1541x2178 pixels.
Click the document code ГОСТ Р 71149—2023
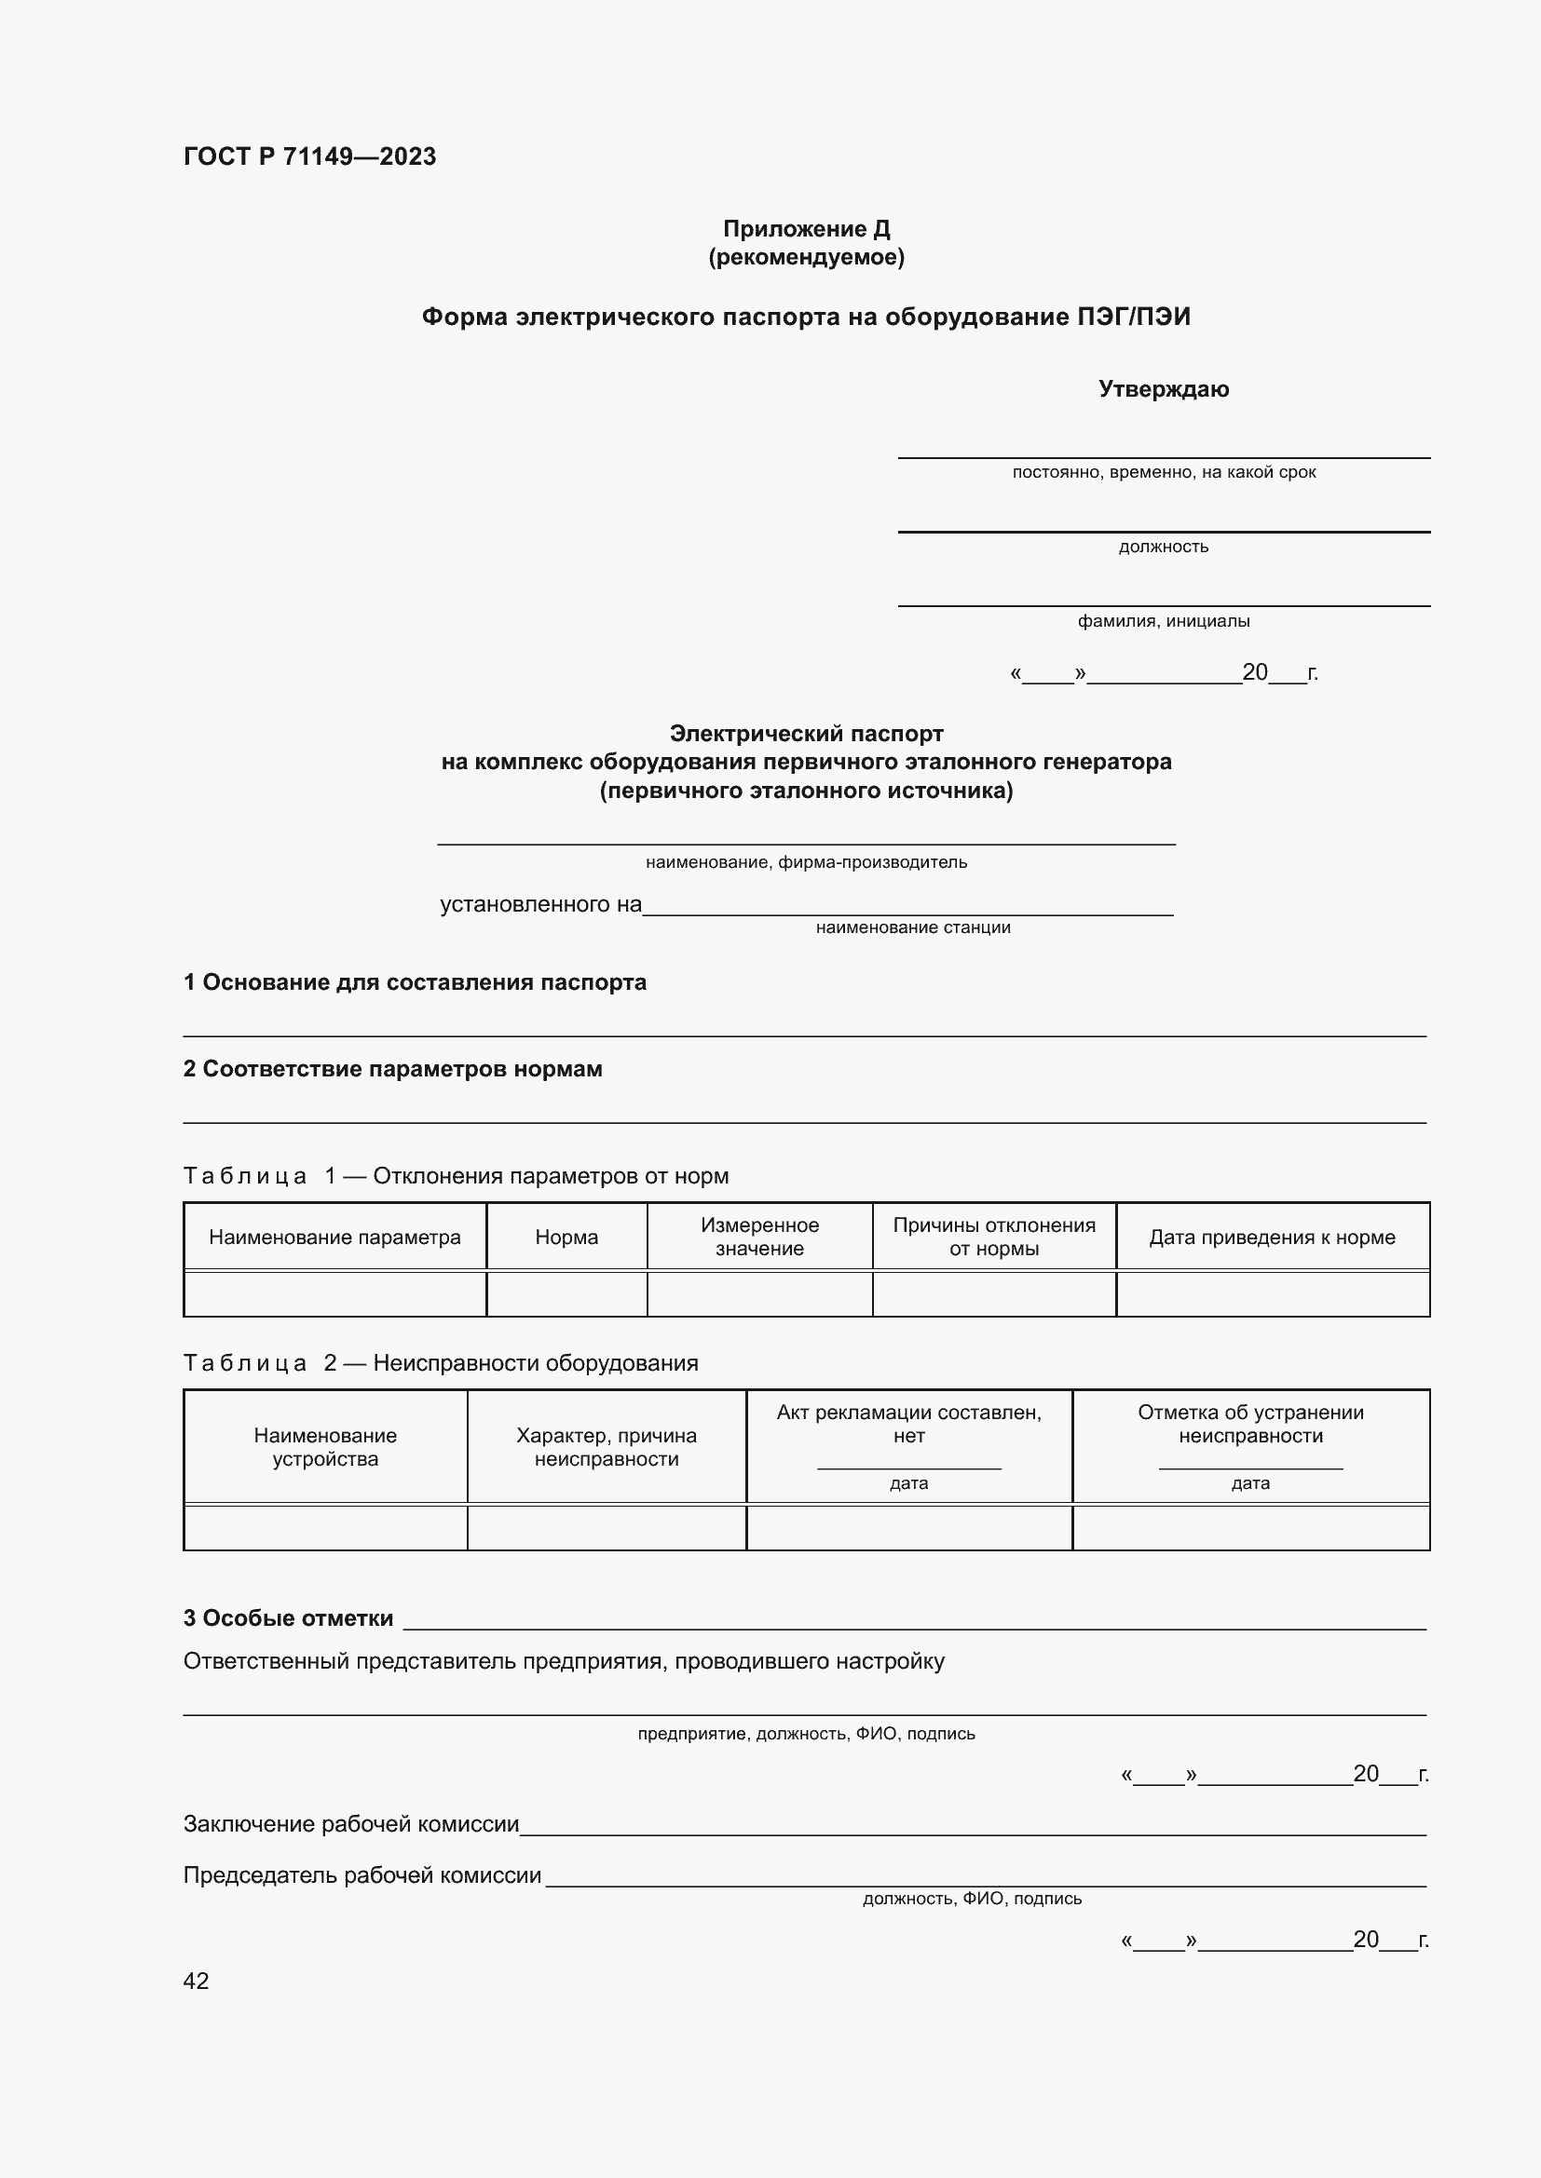(309, 156)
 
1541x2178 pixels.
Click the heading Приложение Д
(806, 229)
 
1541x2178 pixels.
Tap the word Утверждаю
(1164, 389)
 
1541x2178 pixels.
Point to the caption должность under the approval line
(1164, 547)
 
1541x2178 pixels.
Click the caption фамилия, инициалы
(1164, 621)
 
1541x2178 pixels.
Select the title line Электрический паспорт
(806, 733)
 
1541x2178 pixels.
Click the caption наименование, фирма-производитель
(806, 862)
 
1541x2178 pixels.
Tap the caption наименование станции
(913, 927)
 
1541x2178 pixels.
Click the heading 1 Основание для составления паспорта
(415, 982)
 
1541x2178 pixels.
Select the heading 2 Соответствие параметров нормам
(393, 1069)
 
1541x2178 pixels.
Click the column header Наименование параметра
(334, 1237)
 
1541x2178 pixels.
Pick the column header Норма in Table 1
(566, 1237)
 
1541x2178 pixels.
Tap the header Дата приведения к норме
(1272, 1237)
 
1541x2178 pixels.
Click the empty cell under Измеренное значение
(759, 1295)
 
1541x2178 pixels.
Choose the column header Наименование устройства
(325, 1448)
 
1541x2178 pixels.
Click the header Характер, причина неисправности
(607, 1448)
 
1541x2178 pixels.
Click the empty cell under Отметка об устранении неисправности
(1249, 1528)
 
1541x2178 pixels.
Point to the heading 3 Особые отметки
(289, 1618)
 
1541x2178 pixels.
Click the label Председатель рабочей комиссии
(362, 1875)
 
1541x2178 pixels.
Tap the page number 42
(197, 1981)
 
